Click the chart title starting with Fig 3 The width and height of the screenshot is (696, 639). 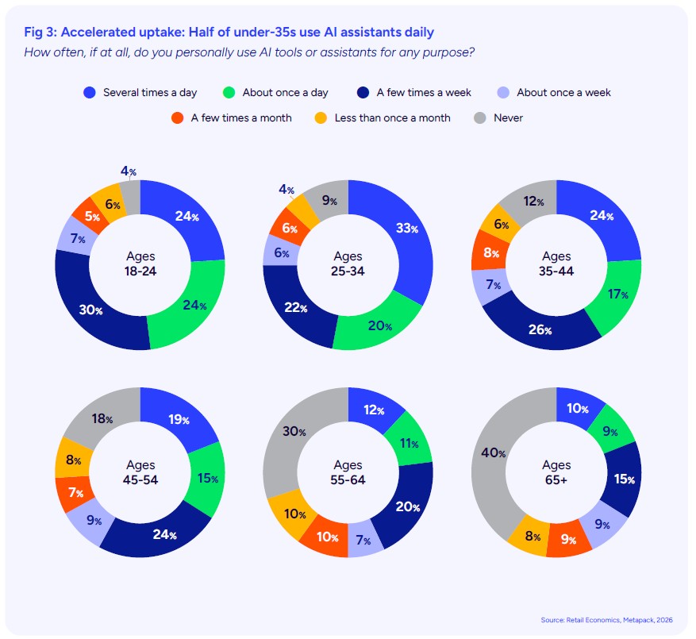coord(229,32)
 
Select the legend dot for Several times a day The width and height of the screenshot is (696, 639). coord(90,92)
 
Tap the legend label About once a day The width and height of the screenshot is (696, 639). coord(285,92)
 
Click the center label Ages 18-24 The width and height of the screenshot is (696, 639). coord(140,264)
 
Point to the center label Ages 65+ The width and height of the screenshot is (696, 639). coord(556,472)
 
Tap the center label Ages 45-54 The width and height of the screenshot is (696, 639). coord(140,472)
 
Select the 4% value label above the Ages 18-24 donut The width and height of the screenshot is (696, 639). coord(126,170)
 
